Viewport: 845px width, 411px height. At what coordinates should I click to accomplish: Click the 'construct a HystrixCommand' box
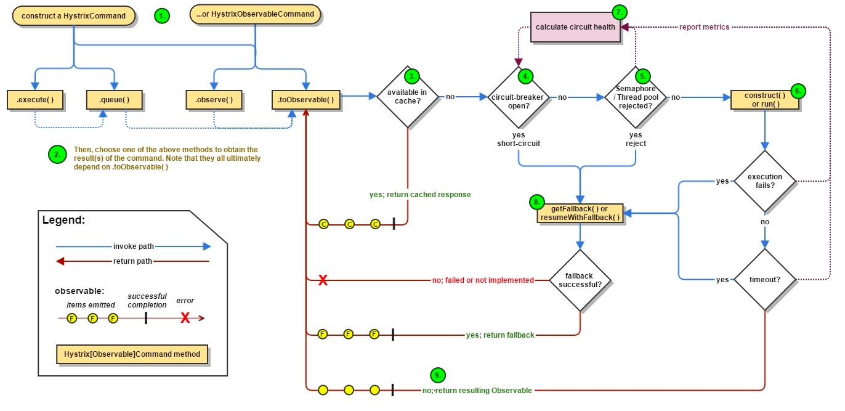(x=73, y=15)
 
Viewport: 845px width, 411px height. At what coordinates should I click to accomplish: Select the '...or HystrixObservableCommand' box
(x=256, y=14)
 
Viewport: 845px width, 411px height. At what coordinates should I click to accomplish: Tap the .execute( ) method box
(x=35, y=99)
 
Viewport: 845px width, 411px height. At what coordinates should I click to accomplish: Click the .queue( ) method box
(x=114, y=99)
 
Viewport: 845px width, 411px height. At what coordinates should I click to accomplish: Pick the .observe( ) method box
(x=214, y=99)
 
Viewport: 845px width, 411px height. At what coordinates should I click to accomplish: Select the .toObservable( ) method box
(x=306, y=99)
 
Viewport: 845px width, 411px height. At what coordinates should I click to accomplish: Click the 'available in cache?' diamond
(x=408, y=96)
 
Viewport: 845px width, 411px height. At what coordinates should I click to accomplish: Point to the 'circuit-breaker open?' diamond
(x=519, y=97)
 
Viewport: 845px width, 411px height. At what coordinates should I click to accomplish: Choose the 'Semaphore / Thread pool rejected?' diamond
(x=635, y=97)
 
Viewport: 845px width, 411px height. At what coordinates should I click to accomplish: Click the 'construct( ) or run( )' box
(x=764, y=99)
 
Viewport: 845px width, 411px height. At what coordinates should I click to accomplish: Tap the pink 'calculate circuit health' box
(x=575, y=27)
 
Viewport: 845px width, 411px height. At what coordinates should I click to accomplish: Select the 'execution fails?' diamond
(x=765, y=181)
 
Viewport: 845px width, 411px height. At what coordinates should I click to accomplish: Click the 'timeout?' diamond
(x=765, y=279)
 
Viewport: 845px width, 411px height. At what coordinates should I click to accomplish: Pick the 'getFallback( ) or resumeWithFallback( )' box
(x=579, y=213)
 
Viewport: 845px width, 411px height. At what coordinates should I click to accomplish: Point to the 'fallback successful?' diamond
(x=580, y=280)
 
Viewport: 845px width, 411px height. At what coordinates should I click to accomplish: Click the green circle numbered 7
(x=620, y=12)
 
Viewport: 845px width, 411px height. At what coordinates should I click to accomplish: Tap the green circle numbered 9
(x=437, y=375)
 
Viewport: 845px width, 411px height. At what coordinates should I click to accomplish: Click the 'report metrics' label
(x=704, y=27)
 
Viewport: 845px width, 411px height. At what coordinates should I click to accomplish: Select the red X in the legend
(x=185, y=318)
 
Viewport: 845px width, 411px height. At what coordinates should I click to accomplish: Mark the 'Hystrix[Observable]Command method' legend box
(x=132, y=355)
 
